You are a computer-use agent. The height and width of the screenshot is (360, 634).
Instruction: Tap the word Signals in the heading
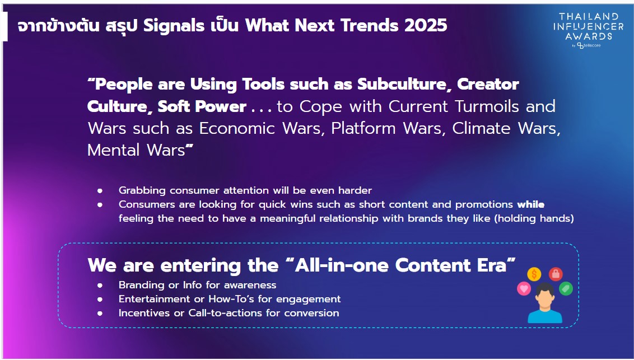(x=174, y=26)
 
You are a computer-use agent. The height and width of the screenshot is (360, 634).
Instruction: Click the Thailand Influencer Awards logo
(x=588, y=30)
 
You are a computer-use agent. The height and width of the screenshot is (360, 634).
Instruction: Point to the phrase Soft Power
(x=202, y=107)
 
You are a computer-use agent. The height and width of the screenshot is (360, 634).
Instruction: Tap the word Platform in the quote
(x=363, y=128)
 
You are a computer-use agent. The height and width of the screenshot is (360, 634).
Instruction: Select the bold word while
(x=531, y=204)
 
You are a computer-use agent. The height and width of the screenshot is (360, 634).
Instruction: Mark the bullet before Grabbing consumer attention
(x=100, y=191)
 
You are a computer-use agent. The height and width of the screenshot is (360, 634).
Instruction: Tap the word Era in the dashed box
(x=492, y=265)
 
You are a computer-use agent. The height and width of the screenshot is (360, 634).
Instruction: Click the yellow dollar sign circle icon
(x=534, y=274)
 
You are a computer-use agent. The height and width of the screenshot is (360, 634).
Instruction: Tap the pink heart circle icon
(x=524, y=288)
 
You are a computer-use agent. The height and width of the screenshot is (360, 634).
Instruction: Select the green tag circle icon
(x=566, y=288)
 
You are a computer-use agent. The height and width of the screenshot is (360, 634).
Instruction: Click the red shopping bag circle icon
(x=556, y=274)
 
